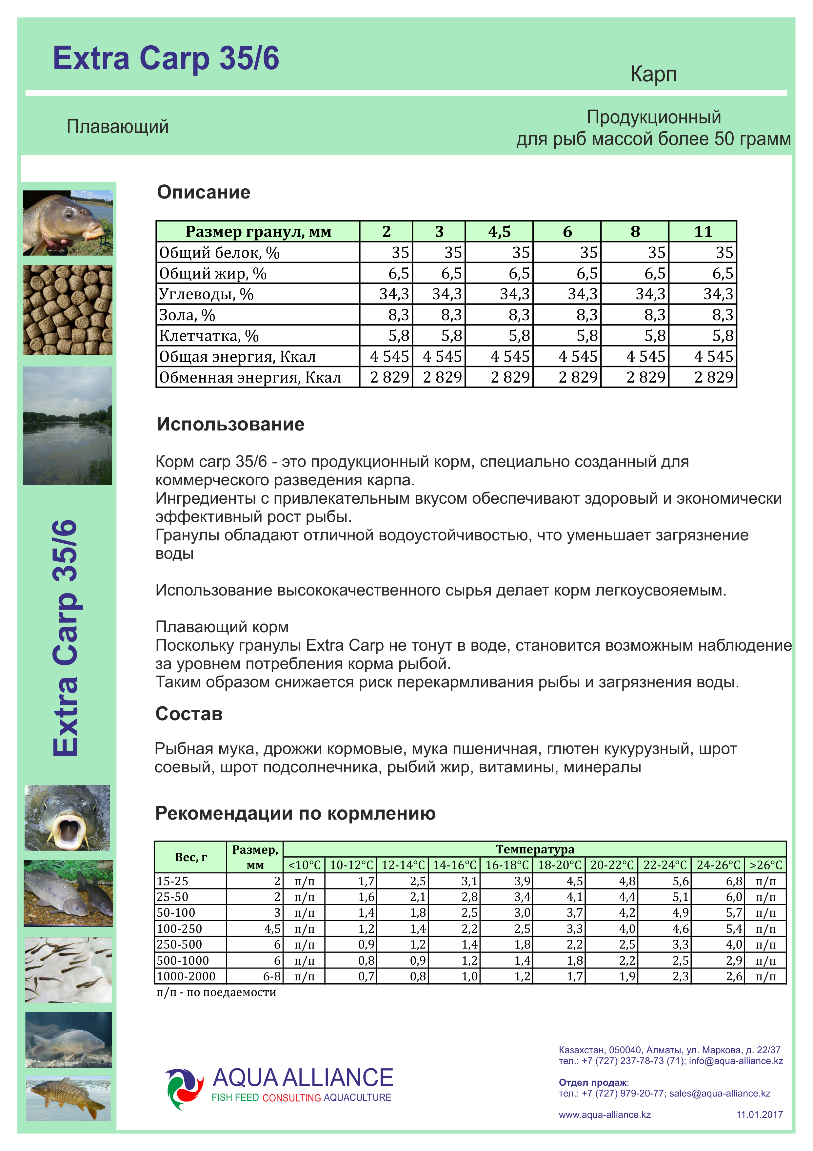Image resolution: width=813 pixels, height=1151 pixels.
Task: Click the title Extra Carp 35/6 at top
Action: pos(166,59)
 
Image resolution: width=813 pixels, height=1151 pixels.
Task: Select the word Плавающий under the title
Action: pos(117,126)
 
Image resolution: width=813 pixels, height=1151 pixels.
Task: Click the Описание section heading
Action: pos(203,192)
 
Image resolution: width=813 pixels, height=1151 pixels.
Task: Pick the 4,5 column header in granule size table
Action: pos(499,232)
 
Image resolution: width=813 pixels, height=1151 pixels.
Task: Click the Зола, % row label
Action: pos(187,315)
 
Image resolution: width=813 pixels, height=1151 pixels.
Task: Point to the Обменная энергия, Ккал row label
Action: pos(249,377)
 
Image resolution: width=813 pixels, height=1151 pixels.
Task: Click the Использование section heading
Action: pos(230,424)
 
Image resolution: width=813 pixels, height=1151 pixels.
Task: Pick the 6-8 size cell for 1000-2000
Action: pos(272,976)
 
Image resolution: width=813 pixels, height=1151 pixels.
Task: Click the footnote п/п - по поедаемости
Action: pos(216,993)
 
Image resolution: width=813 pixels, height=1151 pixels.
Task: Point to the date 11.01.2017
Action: pos(759,1114)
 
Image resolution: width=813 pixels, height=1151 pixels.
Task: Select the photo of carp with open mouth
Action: pos(68,818)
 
